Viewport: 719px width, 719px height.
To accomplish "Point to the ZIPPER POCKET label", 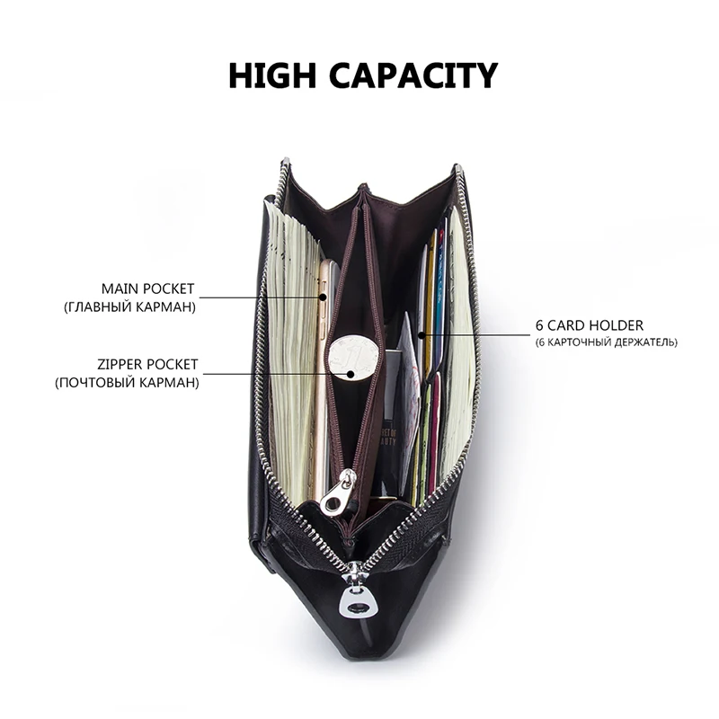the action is pyautogui.click(x=147, y=365).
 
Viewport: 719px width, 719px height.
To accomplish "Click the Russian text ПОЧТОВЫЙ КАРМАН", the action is pyautogui.click(x=138, y=383).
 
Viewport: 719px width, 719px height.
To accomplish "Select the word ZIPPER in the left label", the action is pyautogui.click(x=122, y=365).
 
